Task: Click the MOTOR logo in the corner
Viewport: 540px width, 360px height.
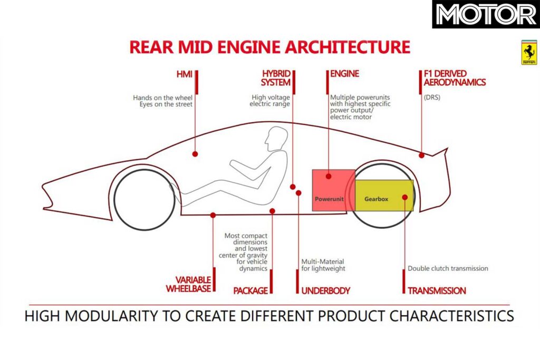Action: click(485, 15)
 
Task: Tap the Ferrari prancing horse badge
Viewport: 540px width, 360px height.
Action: click(528, 52)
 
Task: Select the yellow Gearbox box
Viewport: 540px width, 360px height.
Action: click(384, 195)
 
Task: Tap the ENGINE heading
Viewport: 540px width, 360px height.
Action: click(344, 74)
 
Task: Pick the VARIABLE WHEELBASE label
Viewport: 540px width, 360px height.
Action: click(189, 284)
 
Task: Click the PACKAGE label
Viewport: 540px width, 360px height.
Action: click(250, 290)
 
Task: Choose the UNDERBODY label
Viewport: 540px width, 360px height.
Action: click(325, 290)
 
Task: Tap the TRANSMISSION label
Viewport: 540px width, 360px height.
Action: click(436, 290)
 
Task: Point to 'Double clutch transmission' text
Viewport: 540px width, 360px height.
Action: click(448, 268)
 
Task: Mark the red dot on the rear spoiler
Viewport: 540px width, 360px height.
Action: click(422, 155)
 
